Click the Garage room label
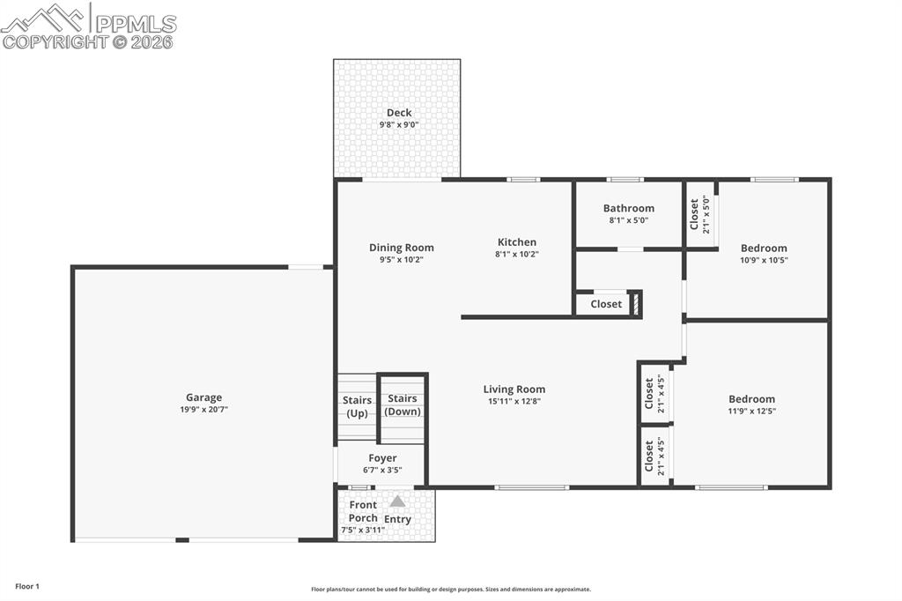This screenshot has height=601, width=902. coord(203,397)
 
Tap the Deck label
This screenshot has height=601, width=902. coord(399,113)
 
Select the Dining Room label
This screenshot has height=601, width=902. coord(401,248)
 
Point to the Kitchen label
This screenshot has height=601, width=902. coord(517,242)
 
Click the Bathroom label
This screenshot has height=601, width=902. coord(629,209)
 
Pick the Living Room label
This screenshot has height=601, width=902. coord(514,390)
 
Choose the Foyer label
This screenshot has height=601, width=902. coord(382,458)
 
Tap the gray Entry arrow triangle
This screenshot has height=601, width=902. coord(398,501)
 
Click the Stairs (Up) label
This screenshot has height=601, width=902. coord(357,406)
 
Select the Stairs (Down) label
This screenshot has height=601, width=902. coord(403,405)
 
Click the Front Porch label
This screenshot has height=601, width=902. coord(363,511)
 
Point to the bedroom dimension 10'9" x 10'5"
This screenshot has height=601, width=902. coord(764,260)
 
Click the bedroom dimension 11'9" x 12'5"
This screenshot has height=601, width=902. coord(751,411)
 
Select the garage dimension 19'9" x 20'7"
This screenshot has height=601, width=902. coord(203,410)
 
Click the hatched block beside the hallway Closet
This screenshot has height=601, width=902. coord(636,304)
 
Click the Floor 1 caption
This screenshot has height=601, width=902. coord(27,586)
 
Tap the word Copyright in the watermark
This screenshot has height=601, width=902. coord(55,41)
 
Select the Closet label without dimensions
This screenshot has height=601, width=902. coord(606,304)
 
